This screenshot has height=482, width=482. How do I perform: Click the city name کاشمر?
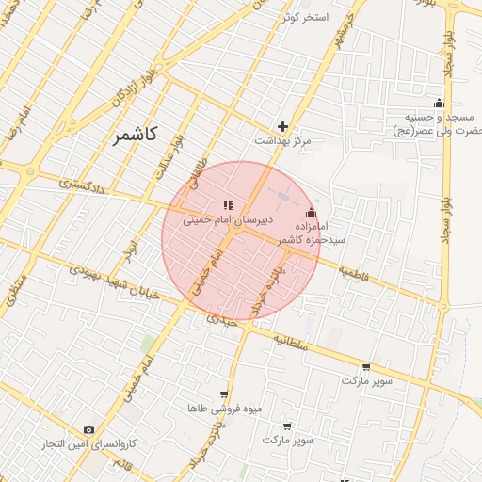coord(137,135)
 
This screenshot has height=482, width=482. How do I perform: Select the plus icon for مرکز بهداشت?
coord(282,126)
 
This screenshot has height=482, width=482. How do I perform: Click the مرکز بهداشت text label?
coord(282,140)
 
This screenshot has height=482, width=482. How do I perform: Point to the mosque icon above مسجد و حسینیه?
coord(439,103)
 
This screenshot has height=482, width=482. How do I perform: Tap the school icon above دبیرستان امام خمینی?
coord(227,204)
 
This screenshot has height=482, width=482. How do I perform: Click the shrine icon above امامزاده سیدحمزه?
coord(312,212)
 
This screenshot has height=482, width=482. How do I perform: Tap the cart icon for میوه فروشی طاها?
coord(223,394)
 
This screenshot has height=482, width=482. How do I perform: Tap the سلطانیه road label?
coord(291,342)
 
